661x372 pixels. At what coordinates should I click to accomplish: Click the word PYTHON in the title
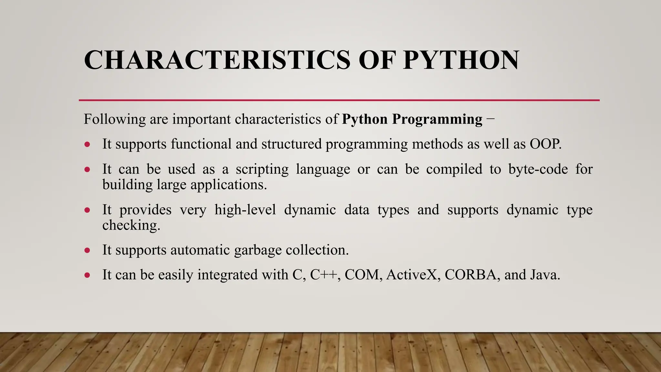(x=461, y=60)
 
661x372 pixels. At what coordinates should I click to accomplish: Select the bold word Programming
(x=437, y=119)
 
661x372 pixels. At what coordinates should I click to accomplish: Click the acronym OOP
(x=545, y=144)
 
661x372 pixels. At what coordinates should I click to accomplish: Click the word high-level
(x=245, y=210)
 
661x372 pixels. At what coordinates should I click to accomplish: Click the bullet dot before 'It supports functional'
(x=87, y=144)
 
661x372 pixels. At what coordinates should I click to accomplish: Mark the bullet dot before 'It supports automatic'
(x=87, y=250)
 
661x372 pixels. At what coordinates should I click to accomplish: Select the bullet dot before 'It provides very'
(x=87, y=210)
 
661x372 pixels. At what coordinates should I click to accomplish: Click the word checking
(x=131, y=225)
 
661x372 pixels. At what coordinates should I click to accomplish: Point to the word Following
(x=115, y=119)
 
